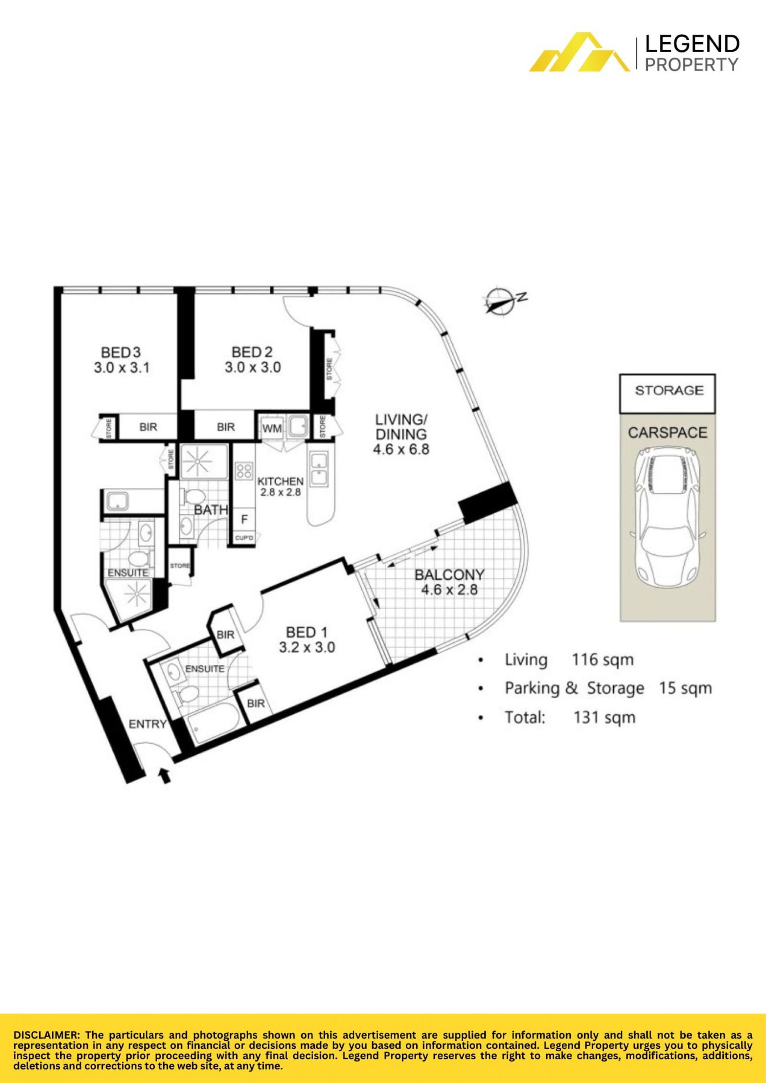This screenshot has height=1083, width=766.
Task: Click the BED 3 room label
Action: point(121,352)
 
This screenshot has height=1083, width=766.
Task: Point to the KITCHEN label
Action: point(280,481)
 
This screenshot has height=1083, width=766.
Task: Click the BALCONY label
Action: point(449,574)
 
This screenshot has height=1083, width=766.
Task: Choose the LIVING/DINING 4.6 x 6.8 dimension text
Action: point(401,449)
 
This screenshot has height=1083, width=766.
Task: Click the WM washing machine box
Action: point(272,428)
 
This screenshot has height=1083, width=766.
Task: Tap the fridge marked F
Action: point(244,519)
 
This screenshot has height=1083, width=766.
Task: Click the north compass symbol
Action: point(503,300)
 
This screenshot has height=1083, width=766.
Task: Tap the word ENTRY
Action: point(148,724)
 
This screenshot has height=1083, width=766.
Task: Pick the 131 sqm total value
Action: point(604,718)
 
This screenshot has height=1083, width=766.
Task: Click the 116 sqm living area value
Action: point(602,659)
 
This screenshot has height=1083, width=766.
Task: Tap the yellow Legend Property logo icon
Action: point(579,52)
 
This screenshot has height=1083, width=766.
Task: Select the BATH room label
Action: point(211,509)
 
